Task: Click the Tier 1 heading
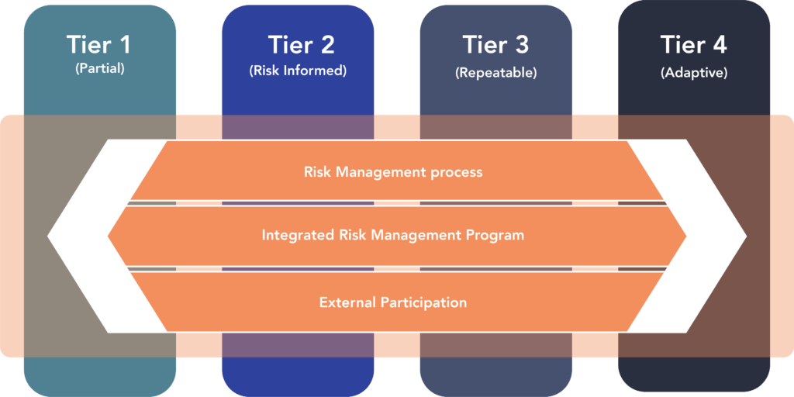pyautogui.click(x=98, y=44)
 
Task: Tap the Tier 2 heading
pyautogui.click(x=301, y=44)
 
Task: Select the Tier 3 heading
pyautogui.click(x=495, y=44)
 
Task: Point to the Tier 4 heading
pyautogui.click(x=694, y=44)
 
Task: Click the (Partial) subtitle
pyautogui.click(x=100, y=68)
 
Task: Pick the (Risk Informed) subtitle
pyautogui.click(x=298, y=71)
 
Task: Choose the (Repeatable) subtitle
pyautogui.click(x=495, y=72)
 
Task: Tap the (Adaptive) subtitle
pyautogui.click(x=694, y=72)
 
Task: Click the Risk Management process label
pyautogui.click(x=393, y=172)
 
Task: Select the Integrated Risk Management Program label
pyautogui.click(x=393, y=236)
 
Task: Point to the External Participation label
pyautogui.click(x=393, y=303)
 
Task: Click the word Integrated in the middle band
pyautogui.click(x=295, y=236)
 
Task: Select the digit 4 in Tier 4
pyautogui.click(x=719, y=44)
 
